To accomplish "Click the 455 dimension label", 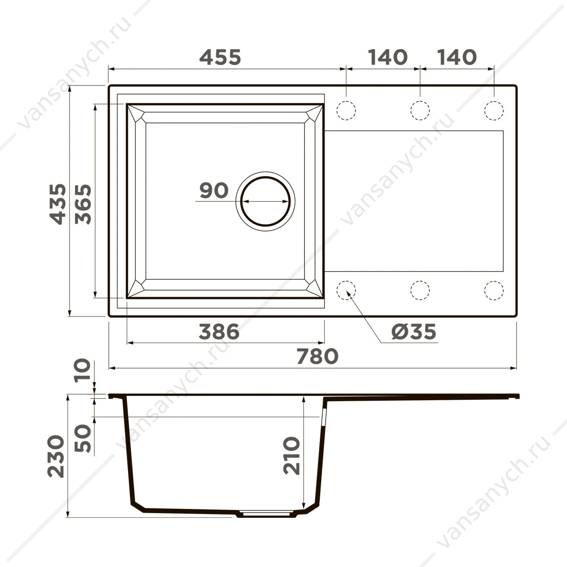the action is (220, 57).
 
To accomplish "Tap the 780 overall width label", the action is (318, 356).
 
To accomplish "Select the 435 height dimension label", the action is (58, 204).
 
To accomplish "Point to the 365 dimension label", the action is (83, 204).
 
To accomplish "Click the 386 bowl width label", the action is (219, 332).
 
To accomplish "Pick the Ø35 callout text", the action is (414, 332).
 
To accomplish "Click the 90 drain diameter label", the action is (214, 190).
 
